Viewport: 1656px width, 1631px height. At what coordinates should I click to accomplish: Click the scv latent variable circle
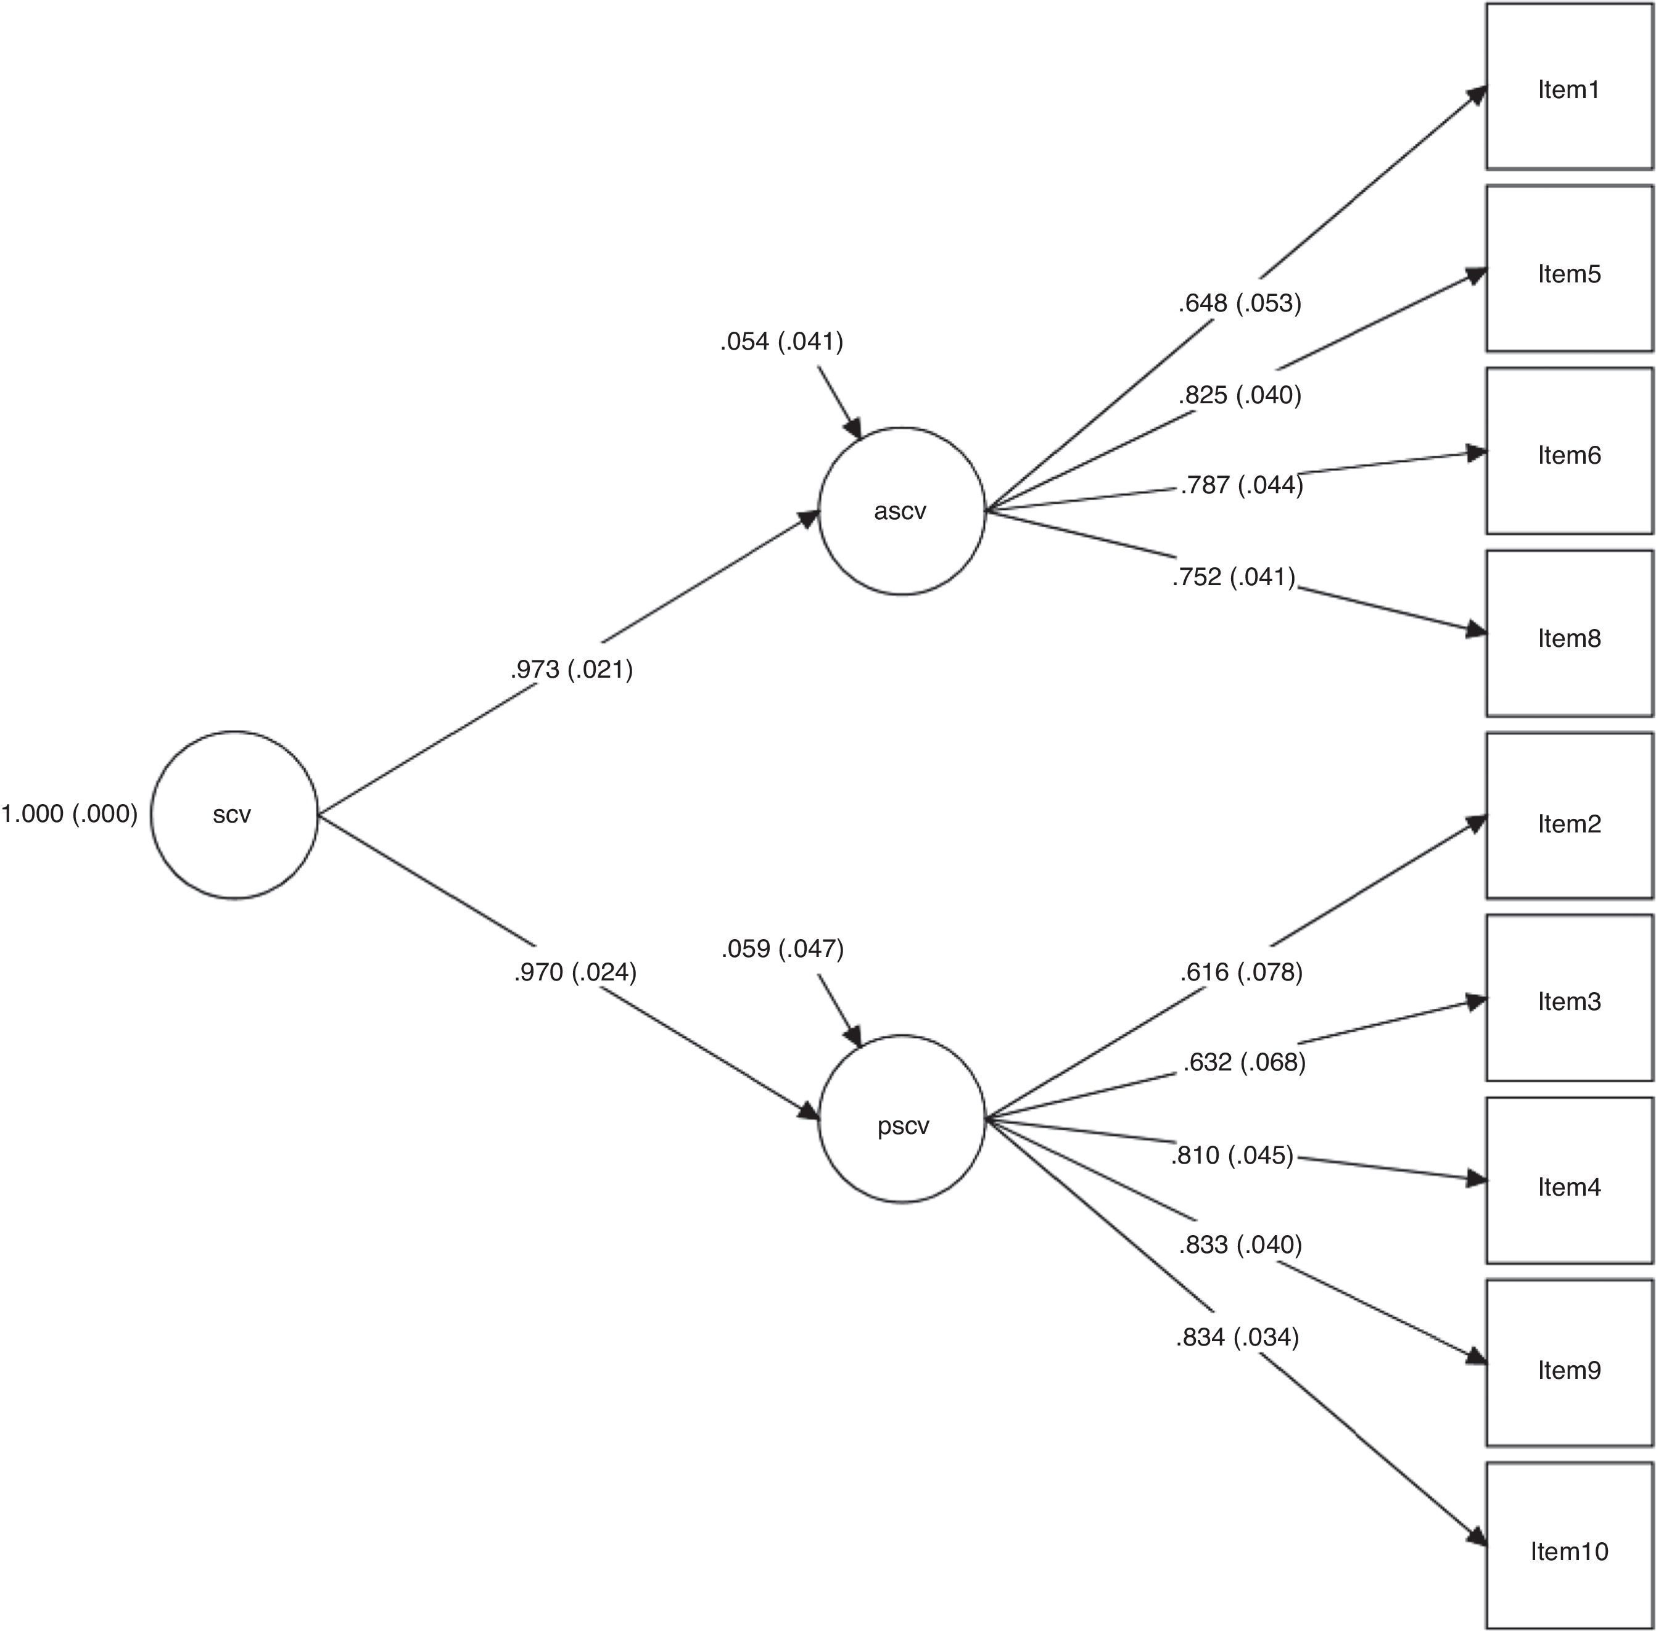click(234, 815)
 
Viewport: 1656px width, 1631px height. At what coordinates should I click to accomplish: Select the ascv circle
click(901, 511)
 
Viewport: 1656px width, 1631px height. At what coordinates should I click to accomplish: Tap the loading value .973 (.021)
click(571, 669)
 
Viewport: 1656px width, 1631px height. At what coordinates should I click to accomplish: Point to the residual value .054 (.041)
click(781, 342)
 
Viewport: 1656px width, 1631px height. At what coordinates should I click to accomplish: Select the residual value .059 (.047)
click(782, 948)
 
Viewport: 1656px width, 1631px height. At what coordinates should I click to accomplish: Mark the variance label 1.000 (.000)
click(70, 814)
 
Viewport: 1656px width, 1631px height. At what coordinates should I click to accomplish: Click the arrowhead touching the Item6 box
click(1476, 453)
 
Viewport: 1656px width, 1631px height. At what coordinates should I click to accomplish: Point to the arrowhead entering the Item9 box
click(1475, 1358)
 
